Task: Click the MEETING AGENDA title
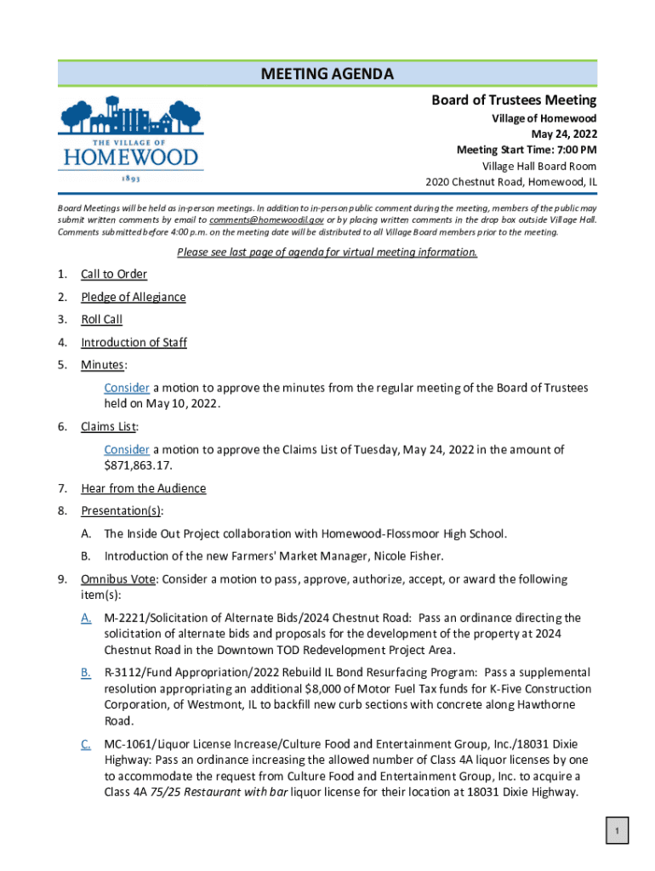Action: click(327, 75)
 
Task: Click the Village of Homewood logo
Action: click(131, 136)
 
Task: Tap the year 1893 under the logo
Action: click(129, 180)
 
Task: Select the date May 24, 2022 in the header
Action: click(564, 134)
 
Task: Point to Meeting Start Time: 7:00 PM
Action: click(526, 151)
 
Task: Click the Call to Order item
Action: click(114, 274)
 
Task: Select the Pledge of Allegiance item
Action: click(134, 297)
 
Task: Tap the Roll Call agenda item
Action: click(102, 320)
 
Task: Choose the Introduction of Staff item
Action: click(134, 343)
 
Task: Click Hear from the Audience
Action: click(143, 488)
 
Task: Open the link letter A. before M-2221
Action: click(86, 618)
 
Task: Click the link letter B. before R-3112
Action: click(86, 673)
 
